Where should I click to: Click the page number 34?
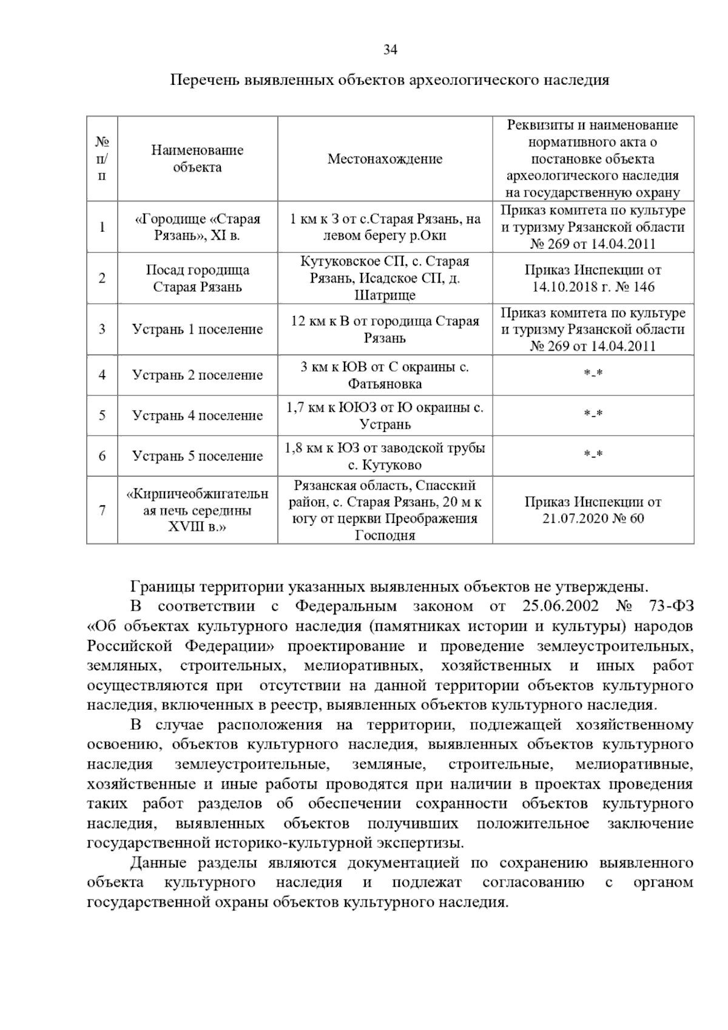[x=389, y=50]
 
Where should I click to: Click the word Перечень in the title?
[x=203, y=80]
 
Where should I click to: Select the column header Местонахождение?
[x=385, y=159]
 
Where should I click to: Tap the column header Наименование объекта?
[x=197, y=158]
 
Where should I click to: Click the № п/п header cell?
[x=102, y=159]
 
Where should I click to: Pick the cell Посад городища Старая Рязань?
[x=197, y=278]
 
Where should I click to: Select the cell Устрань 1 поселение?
[x=197, y=329]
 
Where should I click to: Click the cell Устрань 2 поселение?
[x=197, y=375]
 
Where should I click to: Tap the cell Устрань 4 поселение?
[x=197, y=416]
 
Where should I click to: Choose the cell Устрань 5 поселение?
[x=197, y=456]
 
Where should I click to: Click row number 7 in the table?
[x=102, y=510]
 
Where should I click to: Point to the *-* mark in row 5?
[x=593, y=415]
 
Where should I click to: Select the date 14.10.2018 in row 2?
[x=563, y=287]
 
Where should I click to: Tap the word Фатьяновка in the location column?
[x=385, y=384]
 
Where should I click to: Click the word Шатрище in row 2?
[x=385, y=295]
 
